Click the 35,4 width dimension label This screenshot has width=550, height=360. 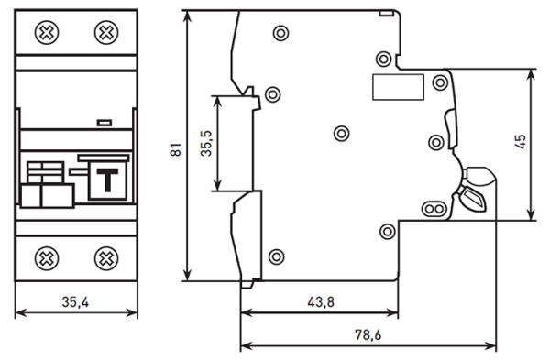tap(75, 301)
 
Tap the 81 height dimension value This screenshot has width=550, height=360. tap(176, 149)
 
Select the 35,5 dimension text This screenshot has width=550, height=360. tap(206, 144)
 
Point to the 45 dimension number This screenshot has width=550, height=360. tap(522, 142)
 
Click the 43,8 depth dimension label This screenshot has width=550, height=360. tap(321, 301)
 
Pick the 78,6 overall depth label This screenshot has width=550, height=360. tap(368, 335)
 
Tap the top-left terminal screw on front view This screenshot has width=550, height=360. tap(47, 33)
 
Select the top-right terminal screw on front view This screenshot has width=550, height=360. tap(106, 33)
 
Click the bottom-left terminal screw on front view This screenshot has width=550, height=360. tap(47, 258)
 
